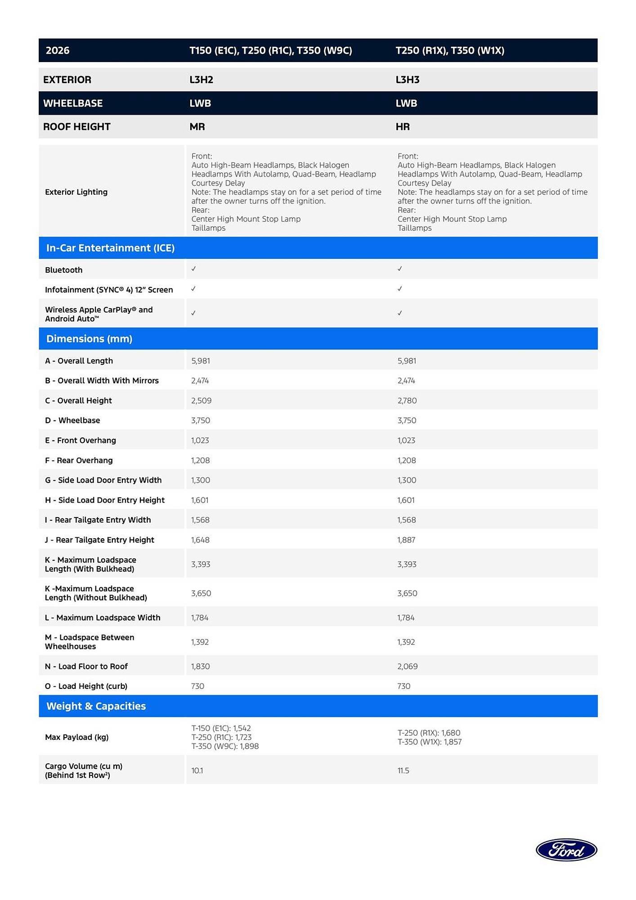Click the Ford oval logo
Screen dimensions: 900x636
566,850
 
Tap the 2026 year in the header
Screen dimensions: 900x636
58,50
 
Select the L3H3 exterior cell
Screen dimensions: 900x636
408,80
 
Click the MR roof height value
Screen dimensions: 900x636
197,127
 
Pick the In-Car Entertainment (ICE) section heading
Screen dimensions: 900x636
110,248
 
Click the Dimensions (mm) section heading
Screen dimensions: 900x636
89,339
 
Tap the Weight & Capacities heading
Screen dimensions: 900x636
96,706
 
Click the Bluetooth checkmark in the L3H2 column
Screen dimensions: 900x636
193,269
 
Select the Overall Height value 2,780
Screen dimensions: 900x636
407,400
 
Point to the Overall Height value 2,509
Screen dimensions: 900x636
201,400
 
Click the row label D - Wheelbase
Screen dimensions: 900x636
72,420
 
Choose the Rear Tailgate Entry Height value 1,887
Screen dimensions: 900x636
406,540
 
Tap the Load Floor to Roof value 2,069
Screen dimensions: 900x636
408,666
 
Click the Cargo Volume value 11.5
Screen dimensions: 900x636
403,771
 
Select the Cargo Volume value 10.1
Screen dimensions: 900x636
197,771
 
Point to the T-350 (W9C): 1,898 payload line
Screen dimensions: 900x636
225,747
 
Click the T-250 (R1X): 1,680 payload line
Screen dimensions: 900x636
429,733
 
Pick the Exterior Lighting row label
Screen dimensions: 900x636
76,192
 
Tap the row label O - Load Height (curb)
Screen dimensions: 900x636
86,686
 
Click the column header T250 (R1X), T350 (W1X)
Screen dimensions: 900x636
450,50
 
